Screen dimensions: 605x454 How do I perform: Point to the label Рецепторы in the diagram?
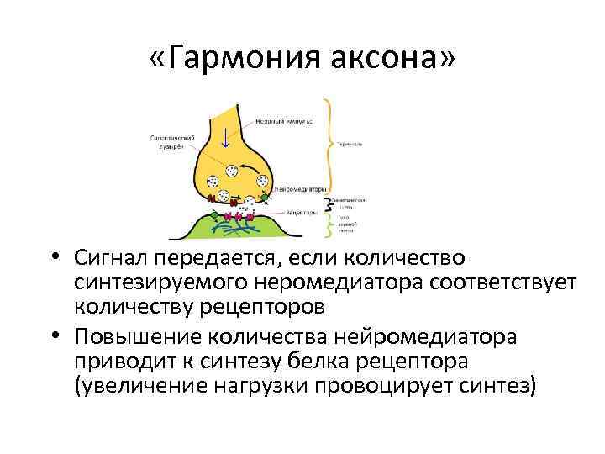pyautogui.click(x=299, y=213)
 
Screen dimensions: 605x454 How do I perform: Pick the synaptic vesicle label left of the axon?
pyautogui.click(x=173, y=143)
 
